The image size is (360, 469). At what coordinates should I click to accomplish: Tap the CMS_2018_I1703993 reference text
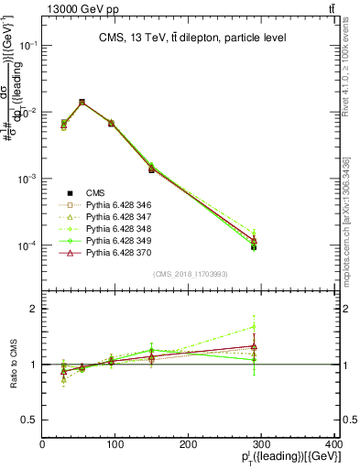pyautogui.click(x=190, y=274)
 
